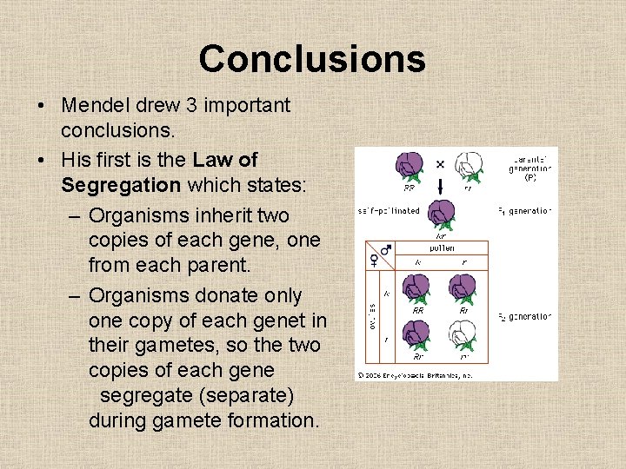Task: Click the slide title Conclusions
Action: (x=312, y=59)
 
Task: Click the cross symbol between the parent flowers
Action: (x=439, y=163)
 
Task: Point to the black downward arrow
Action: (x=439, y=187)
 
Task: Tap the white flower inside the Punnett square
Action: (x=462, y=335)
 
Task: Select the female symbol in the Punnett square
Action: (x=375, y=260)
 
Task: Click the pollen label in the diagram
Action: (x=443, y=247)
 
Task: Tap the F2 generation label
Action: (x=525, y=317)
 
